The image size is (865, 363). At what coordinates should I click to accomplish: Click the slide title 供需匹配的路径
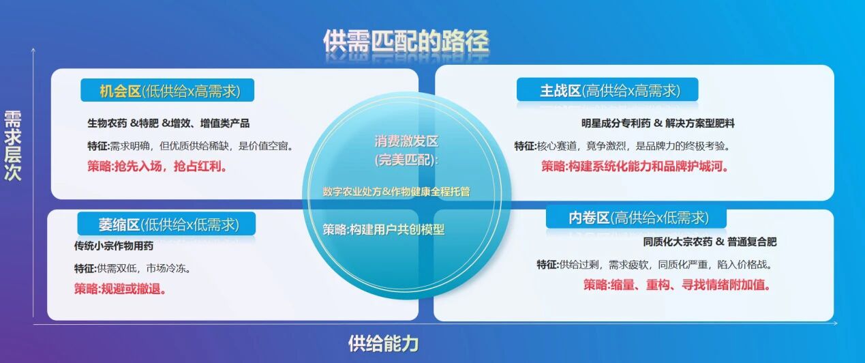tap(406, 42)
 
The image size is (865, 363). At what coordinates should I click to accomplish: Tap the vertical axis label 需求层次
tap(13, 145)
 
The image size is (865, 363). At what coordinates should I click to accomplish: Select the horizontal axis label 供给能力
tap(383, 343)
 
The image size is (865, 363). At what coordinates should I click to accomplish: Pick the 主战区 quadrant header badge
tap(607, 91)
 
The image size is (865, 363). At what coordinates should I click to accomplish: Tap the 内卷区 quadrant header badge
tap(636, 218)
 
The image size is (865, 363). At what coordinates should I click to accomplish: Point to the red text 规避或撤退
tap(121, 289)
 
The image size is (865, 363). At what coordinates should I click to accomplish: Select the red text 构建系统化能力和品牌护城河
tap(635, 166)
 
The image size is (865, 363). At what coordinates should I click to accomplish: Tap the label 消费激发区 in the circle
tap(406, 142)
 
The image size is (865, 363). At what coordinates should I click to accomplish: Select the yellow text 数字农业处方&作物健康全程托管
tap(396, 192)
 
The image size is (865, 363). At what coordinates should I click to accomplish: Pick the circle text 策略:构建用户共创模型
tap(383, 230)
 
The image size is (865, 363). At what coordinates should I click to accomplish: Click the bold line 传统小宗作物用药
tap(114, 246)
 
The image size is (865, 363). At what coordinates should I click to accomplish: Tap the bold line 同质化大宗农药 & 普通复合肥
tap(709, 242)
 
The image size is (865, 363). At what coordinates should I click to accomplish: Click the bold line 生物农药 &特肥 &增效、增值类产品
tap(168, 124)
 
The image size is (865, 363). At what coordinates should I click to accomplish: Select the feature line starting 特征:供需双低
tap(132, 268)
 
